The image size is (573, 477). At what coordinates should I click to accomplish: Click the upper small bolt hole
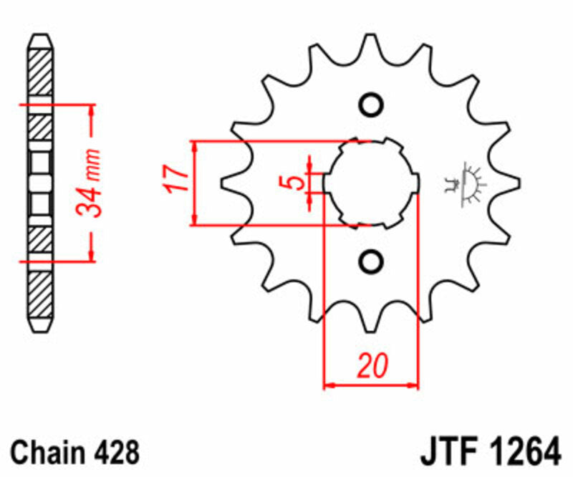370,105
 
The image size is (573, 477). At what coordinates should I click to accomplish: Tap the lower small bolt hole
370,261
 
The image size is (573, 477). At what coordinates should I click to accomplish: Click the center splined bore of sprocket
370,183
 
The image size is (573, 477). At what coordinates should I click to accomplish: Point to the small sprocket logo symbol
465,183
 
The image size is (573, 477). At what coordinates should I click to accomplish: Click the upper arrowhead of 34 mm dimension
91,110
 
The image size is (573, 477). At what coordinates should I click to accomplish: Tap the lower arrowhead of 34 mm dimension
91,256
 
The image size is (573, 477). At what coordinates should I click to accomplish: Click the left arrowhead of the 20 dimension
329,385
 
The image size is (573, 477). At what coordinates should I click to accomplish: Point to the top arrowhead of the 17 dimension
195,145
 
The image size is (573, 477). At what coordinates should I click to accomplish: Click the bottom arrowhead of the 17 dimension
195,220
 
